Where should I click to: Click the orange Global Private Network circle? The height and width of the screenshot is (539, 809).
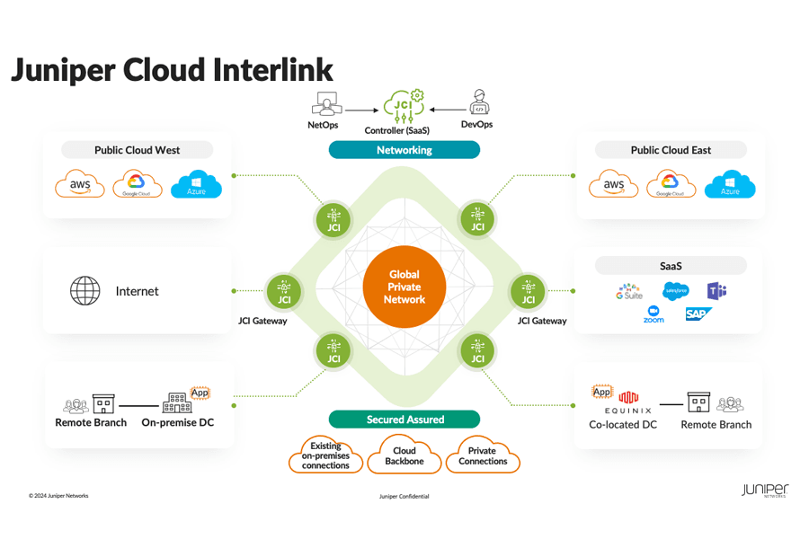404,287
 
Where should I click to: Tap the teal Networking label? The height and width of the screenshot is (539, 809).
404,150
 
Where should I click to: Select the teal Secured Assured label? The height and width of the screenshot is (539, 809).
404,420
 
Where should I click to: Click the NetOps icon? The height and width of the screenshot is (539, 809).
323,103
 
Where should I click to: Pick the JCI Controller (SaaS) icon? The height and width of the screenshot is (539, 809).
404,104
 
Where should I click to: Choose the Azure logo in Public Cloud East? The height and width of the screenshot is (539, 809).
730,185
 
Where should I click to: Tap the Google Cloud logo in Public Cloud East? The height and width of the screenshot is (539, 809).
671,185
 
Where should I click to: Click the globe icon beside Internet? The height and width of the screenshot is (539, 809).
85,291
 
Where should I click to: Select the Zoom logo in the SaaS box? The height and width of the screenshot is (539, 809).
653,314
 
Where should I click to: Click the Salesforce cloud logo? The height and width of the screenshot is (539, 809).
675,290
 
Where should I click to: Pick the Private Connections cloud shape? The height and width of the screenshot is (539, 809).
483,455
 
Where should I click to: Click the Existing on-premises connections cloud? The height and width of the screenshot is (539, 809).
325,455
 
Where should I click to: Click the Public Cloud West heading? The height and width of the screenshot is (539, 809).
138,150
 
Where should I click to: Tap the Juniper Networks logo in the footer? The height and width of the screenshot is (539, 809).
764,490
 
